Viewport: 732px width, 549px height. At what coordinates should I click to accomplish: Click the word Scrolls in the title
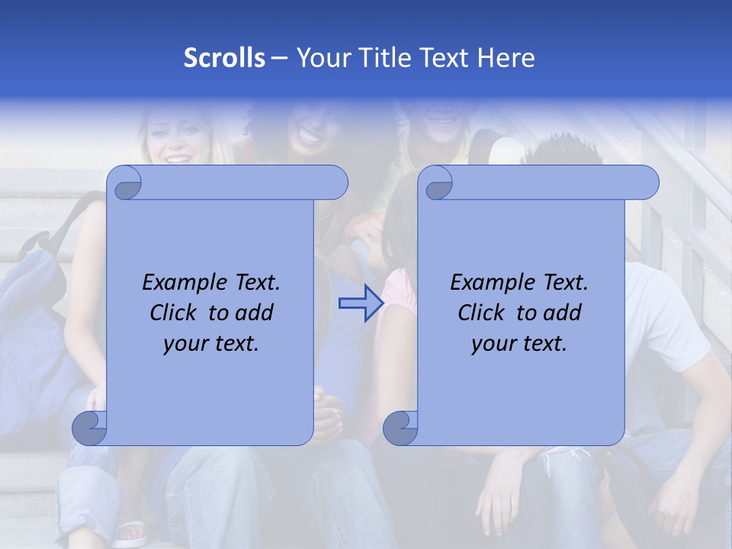pos(224,58)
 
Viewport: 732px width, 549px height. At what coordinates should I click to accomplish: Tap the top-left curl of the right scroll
pos(437,184)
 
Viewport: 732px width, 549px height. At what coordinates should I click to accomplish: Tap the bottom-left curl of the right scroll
pos(401,428)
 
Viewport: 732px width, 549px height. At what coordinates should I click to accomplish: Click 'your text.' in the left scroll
pos(211,344)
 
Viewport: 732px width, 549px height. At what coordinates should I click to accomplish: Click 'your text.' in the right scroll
pos(519,344)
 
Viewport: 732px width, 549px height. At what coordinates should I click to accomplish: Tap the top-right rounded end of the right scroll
pos(644,182)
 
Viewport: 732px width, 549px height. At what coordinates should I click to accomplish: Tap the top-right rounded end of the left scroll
pos(332,182)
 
